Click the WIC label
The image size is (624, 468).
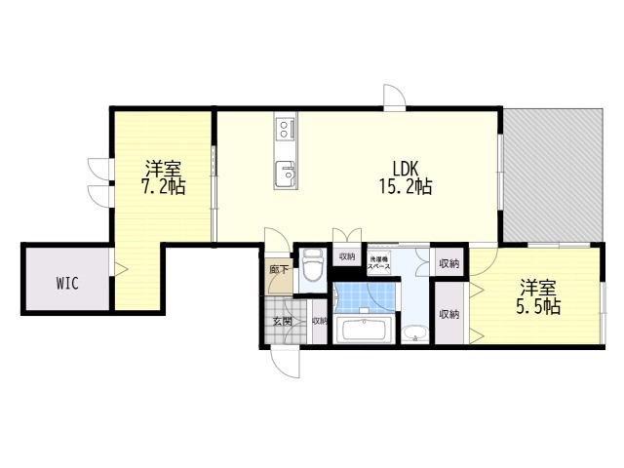(x=66, y=284)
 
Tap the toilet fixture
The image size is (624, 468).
(x=312, y=266)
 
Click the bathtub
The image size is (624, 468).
(x=364, y=330)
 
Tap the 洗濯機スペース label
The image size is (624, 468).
(x=379, y=262)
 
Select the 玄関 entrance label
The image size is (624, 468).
(x=282, y=320)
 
